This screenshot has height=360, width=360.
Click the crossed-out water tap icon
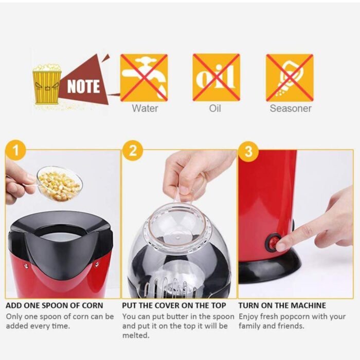coord(144,77)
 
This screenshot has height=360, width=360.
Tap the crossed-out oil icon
coord(217,77)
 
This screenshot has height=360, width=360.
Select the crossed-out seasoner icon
coord(290,78)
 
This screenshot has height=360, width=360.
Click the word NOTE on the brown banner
coord(83,86)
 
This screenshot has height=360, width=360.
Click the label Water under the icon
coord(145,108)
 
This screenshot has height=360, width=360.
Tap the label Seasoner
coord(291,108)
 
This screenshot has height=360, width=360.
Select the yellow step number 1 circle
coord(15,151)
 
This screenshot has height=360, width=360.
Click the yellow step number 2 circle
coord(133,151)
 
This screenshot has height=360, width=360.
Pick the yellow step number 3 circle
coord(248,151)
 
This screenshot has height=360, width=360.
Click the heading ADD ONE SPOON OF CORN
coord(55,305)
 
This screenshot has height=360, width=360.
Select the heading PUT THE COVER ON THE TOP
coord(174,305)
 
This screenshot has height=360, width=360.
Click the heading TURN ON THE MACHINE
coord(282,305)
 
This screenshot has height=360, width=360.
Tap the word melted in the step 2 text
coord(136,335)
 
